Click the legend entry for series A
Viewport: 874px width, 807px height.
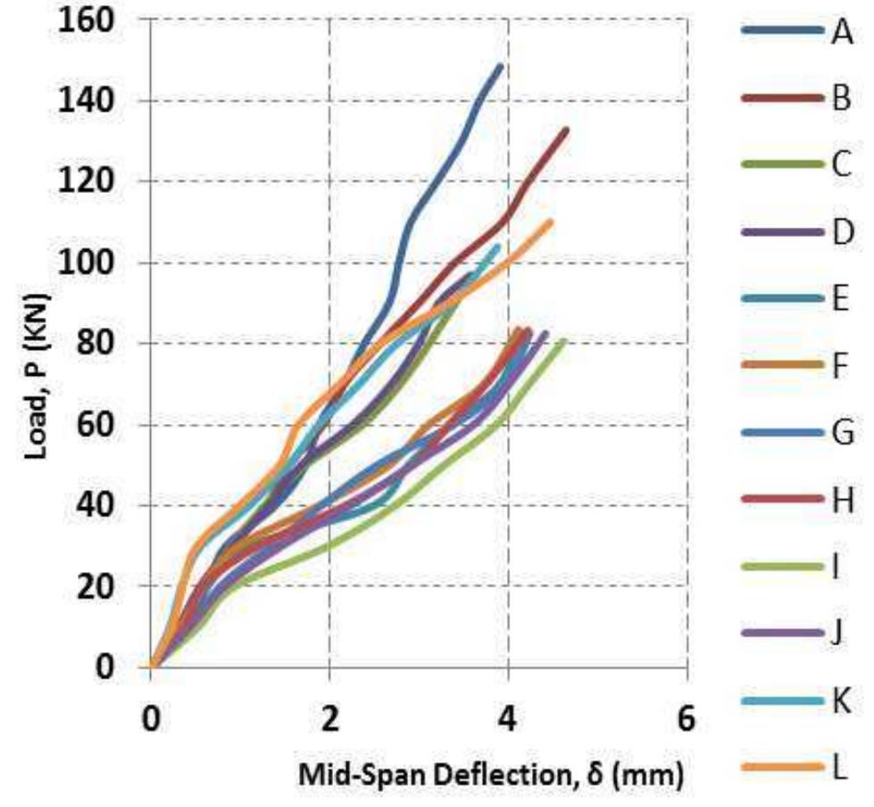tap(795, 33)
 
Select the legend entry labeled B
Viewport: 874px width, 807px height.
tap(795, 99)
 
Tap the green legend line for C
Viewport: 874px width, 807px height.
tap(780, 165)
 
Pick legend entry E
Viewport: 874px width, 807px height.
tap(795, 299)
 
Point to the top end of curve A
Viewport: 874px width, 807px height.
tap(500, 66)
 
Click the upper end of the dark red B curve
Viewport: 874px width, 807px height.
tap(565, 130)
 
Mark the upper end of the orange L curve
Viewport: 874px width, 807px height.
tap(550, 221)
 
